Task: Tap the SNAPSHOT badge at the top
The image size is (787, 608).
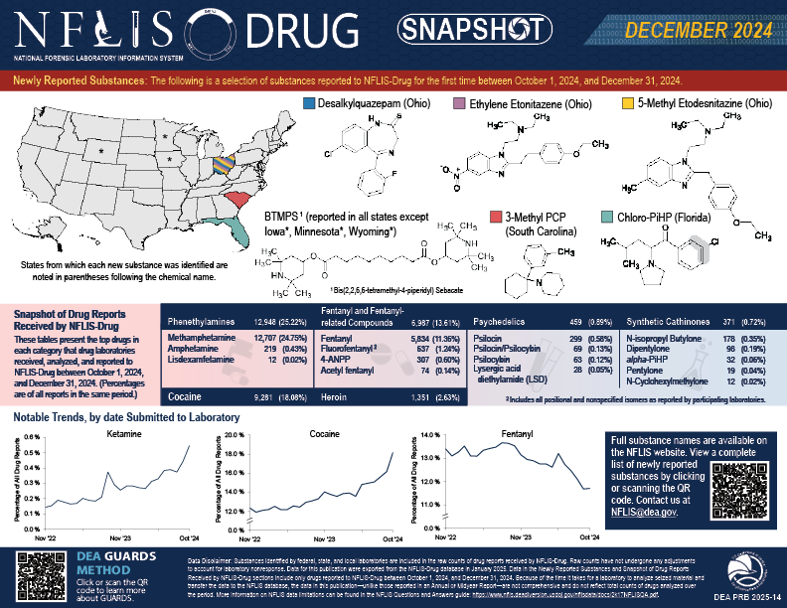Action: click(461, 32)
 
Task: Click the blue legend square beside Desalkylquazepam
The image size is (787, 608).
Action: click(308, 103)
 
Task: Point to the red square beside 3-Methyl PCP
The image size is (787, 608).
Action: click(496, 216)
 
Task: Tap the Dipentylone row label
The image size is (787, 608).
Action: click(652, 349)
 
